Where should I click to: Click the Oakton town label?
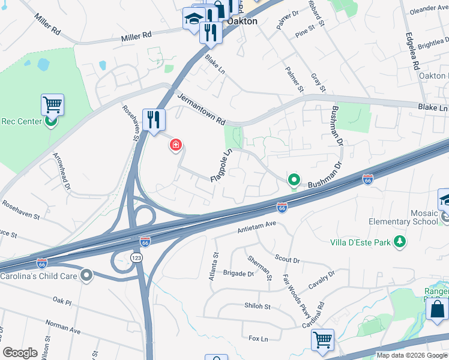(242, 21)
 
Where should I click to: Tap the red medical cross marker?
(176, 145)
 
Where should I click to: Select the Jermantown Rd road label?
(200, 107)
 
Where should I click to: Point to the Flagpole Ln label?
(221, 165)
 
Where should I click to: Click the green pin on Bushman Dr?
(294, 179)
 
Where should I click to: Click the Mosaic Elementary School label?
(416, 217)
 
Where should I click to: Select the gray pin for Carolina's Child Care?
(87, 275)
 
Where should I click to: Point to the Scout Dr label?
(287, 259)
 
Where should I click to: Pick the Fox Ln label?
(258, 339)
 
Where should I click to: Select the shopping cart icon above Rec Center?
(52, 105)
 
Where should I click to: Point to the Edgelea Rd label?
(411, 52)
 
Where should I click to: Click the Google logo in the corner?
(20, 353)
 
